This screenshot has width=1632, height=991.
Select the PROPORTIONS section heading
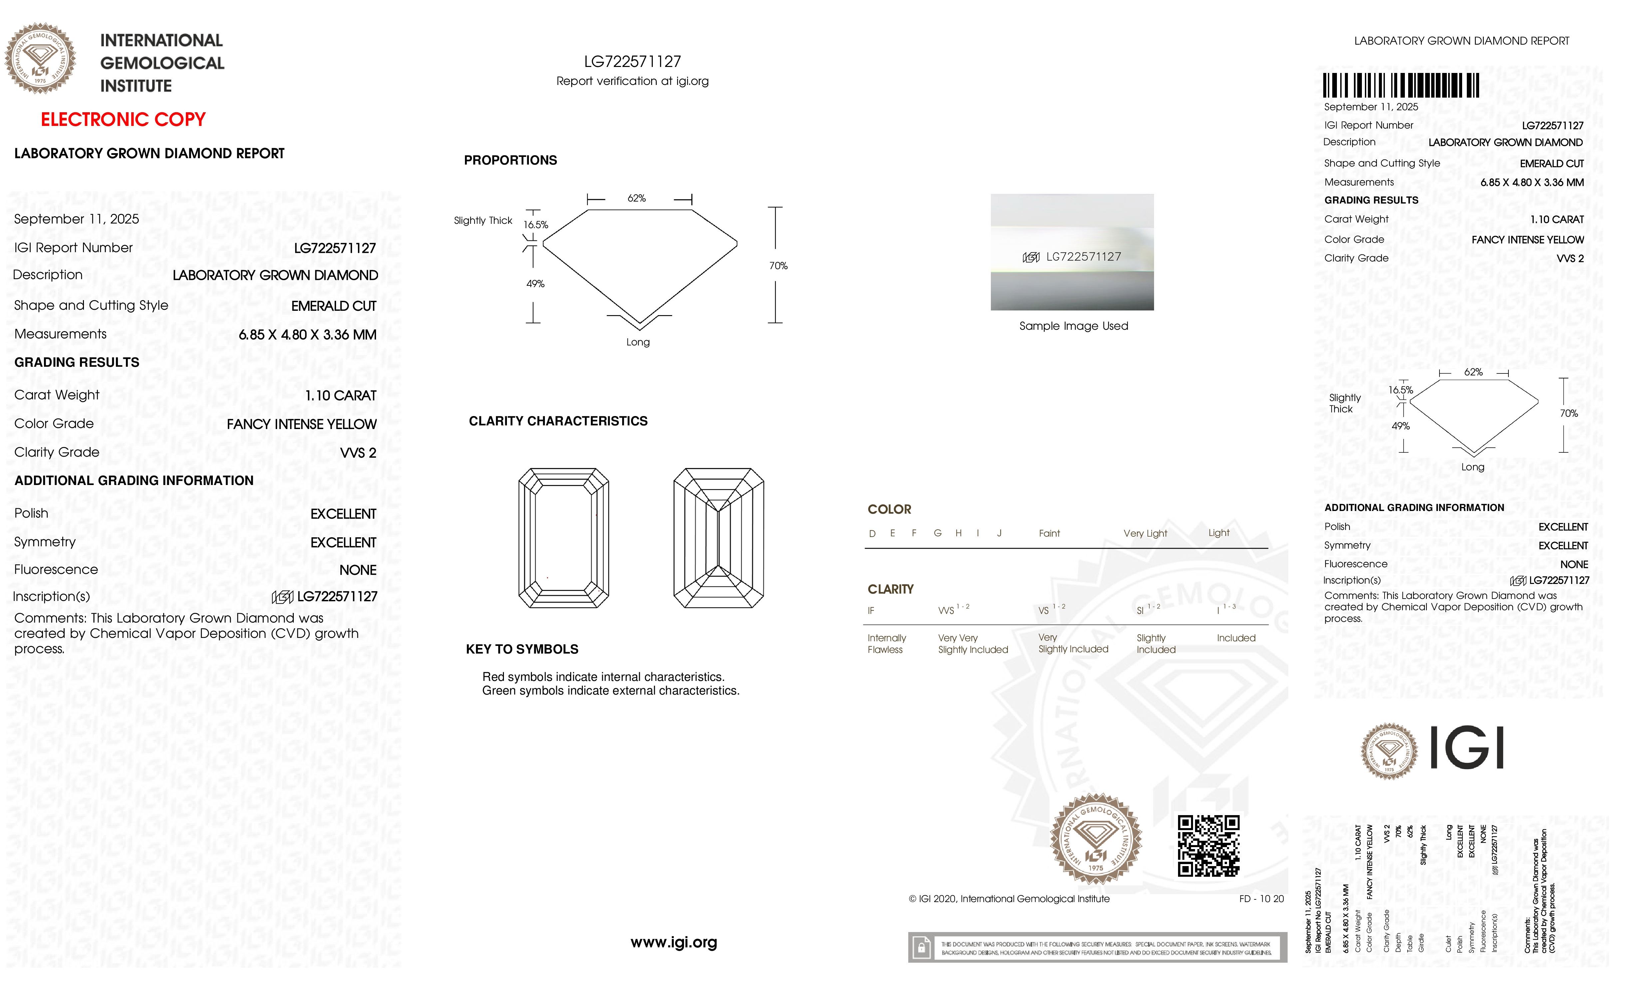(x=510, y=160)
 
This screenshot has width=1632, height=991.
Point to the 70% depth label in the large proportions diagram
(x=778, y=265)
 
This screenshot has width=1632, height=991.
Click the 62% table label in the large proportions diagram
(x=636, y=198)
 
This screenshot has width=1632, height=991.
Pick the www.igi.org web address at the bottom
(x=673, y=942)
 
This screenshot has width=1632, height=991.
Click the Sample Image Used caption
(x=1073, y=326)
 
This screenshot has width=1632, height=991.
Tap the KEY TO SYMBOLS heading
(x=522, y=649)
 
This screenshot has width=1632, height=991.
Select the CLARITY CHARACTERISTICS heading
(x=558, y=421)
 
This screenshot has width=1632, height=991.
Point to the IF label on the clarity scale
(x=871, y=611)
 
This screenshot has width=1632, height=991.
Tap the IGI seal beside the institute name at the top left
(x=40, y=58)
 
